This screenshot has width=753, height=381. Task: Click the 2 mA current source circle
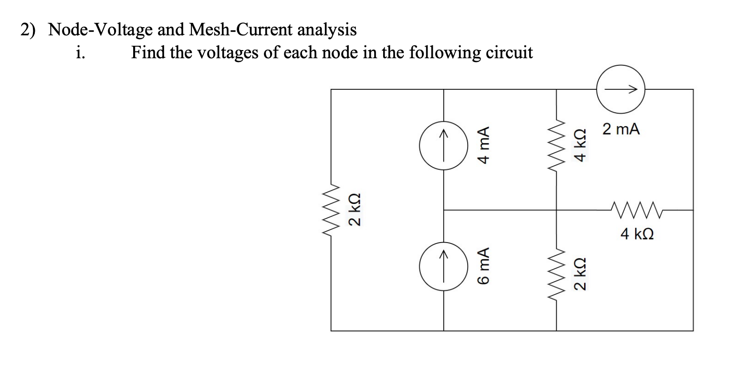coord(620,89)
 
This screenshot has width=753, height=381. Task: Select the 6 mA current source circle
coord(444,266)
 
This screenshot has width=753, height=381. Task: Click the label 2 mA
coord(621,129)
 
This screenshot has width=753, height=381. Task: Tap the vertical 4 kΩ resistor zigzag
coord(556,145)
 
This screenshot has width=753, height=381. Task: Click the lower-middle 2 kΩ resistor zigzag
coord(556,275)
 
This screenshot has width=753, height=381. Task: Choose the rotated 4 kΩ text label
coord(580,146)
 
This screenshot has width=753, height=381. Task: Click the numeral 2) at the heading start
coord(28,30)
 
